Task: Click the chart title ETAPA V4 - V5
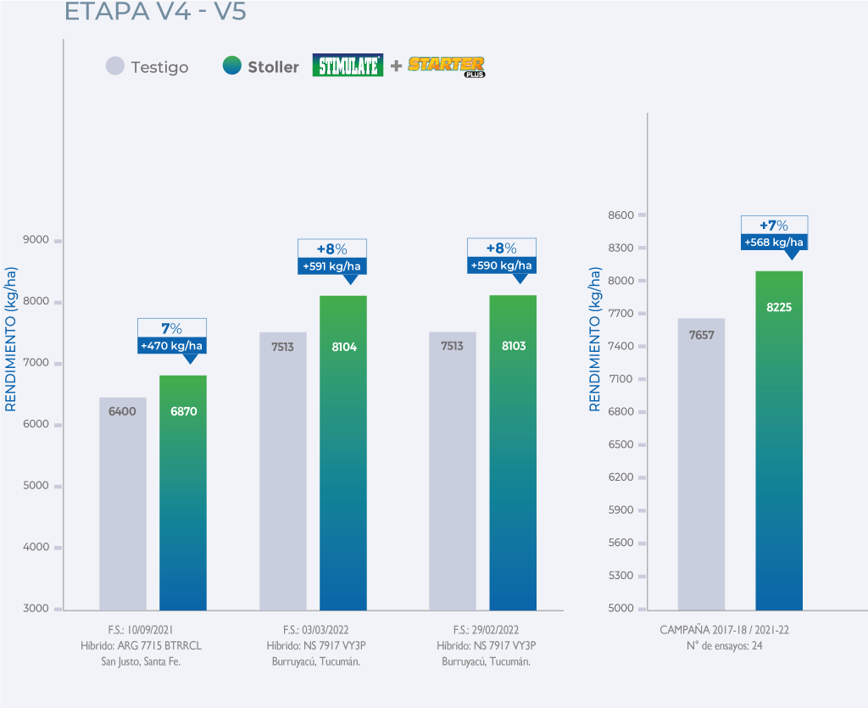coord(155,14)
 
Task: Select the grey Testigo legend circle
coord(115,65)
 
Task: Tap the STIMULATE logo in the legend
coord(348,65)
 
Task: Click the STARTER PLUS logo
coord(446,66)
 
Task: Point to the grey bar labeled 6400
coord(123,503)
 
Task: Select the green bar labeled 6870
coord(183,492)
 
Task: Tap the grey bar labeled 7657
coord(701,464)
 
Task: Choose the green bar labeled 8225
coord(779,440)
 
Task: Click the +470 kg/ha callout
coord(172,346)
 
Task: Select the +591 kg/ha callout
coord(332,266)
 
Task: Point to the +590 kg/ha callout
coord(502,265)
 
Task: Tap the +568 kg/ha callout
coord(774,243)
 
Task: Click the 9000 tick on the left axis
coord(36,240)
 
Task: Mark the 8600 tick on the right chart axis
coord(621,215)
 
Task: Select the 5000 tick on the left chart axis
coord(36,486)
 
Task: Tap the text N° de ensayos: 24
coord(725,646)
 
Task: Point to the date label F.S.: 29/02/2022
coord(486,630)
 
